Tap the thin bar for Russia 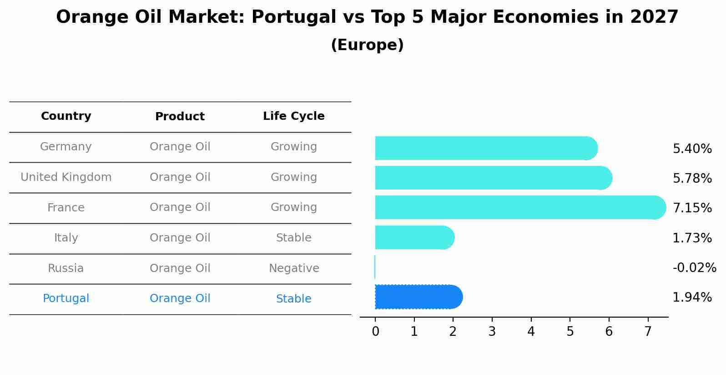[x=375, y=267]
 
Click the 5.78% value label [x=692, y=178]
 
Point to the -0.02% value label [x=694, y=267]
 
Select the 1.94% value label [x=692, y=298]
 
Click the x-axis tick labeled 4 [x=531, y=332]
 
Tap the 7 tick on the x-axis [x=648, y=332]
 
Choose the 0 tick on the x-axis [x=375, y=332]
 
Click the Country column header [x=66, y=116]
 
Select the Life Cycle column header [x=293, y=116]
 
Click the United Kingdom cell [x=66, y=177]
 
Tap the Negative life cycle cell [x=293, y=268]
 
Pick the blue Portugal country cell [x=66, y=298]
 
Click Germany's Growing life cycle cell [x=293, y=147]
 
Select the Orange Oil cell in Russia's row [x=180, y=268]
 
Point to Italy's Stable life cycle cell [x=293, y=238]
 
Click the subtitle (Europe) [x=367, y=45]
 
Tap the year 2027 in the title [x=654, y=17]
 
